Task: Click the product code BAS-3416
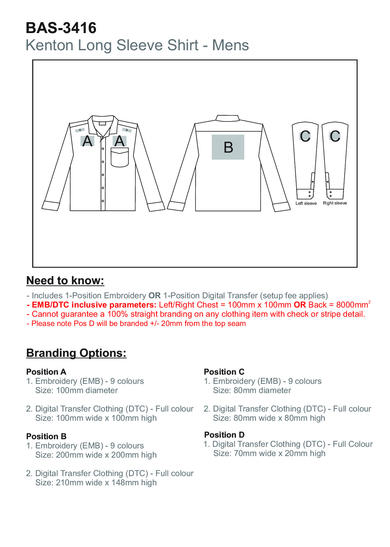(61, 28)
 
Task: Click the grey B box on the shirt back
(228, 147)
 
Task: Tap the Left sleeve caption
(306, 204)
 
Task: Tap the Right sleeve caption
(335, 203)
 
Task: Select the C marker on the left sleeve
(305, 136)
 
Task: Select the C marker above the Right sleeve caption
(335, 136)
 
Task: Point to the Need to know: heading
(65, 280)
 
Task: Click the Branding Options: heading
(76, 353)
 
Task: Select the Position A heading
(46, 372)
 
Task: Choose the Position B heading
(46, 436)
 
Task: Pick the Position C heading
(224, 372)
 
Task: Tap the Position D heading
(224, 435)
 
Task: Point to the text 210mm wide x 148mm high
(106, 483)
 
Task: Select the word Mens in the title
(230, 45)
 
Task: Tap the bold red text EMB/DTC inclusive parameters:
(94, 305)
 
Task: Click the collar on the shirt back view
(228, 118)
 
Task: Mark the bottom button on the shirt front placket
(103, 201)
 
